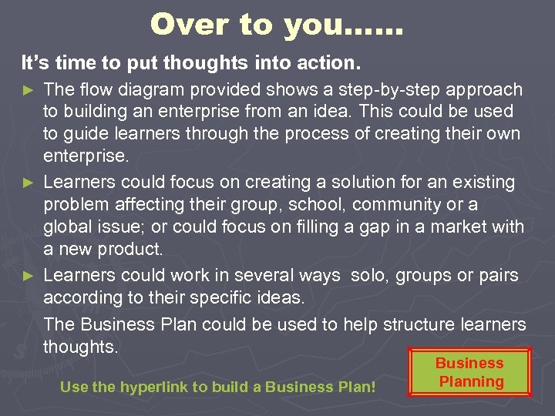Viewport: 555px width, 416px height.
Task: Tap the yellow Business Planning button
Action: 469,372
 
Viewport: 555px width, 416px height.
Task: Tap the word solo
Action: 368,274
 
